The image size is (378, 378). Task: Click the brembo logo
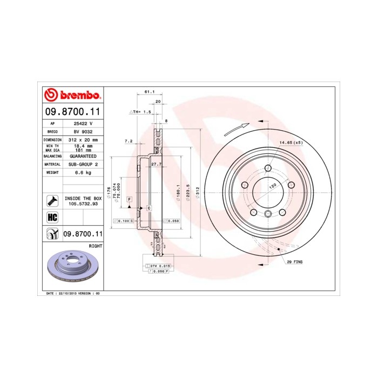coord(72,95)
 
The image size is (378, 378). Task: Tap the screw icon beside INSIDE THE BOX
coord(52,201)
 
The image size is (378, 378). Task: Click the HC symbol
coord(52,218)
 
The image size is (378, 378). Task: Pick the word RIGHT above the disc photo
coord(95,245)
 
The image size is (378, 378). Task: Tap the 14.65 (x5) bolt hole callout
coord(290,143)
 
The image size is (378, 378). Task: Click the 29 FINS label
coord(295,261)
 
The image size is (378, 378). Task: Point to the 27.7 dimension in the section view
coord(156,164)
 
